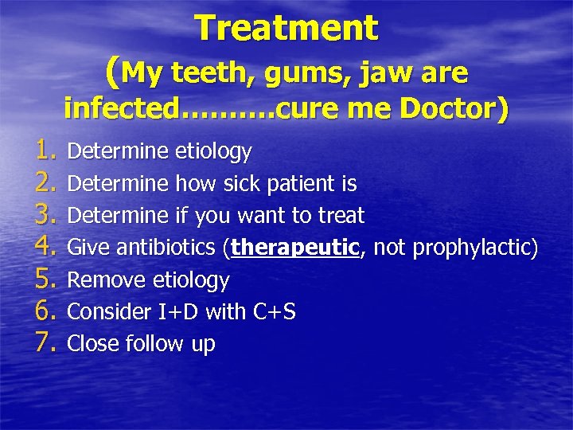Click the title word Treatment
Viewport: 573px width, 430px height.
[287, 29]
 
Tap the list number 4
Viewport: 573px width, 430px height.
[45, 248]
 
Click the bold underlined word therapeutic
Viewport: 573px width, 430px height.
[295, 248]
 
